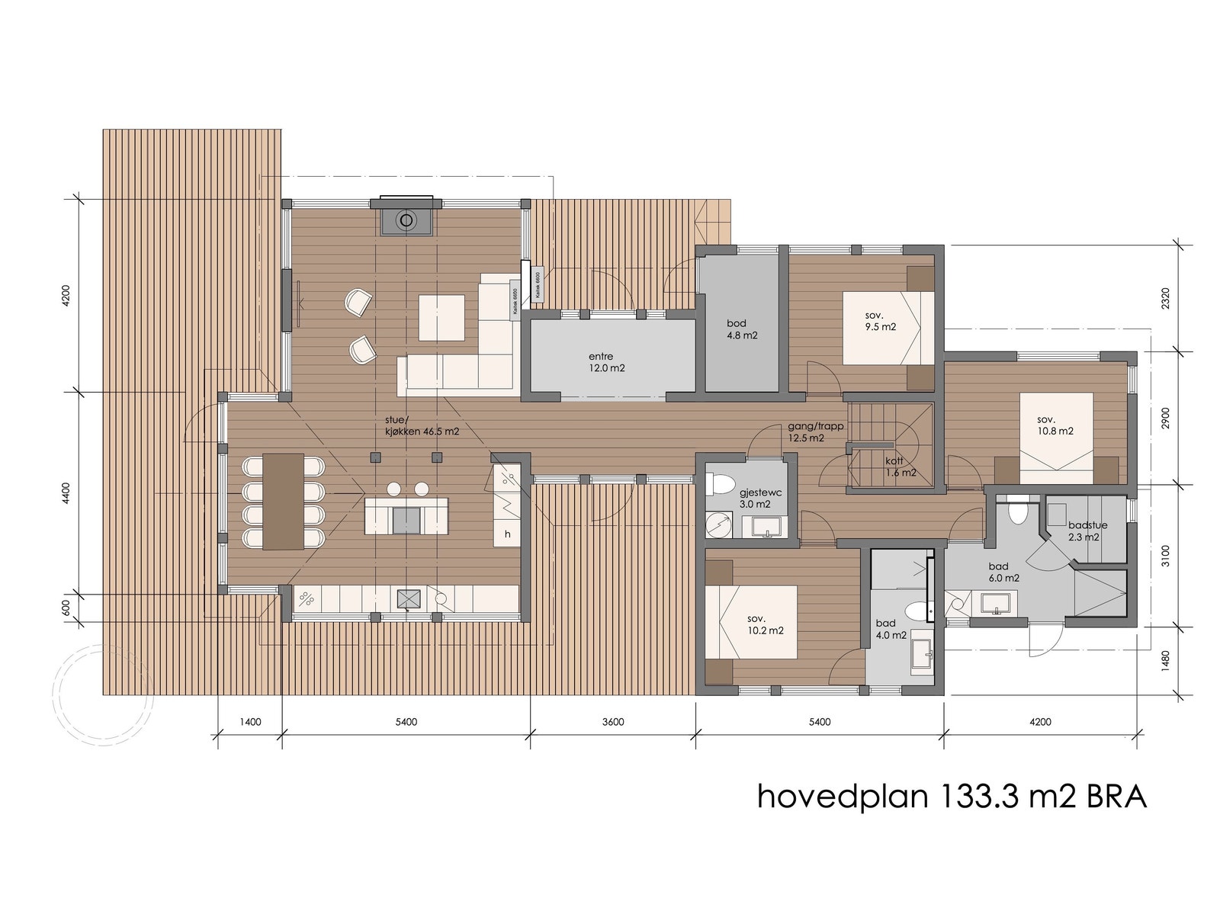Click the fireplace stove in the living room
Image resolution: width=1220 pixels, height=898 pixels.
tap(406, 222)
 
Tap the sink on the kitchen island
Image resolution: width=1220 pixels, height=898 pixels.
tap(406, 520)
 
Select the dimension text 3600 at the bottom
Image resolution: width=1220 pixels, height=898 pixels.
tap(612, 722)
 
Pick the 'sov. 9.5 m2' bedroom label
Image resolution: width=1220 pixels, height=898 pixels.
tap(880, 321)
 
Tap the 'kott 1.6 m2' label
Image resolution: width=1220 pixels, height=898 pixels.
tap(900, 467)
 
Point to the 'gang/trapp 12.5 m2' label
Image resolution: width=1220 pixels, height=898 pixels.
tap(816, 432)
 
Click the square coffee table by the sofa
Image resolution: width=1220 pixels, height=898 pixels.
tap(441, 318)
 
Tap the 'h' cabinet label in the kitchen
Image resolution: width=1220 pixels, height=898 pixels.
tap(507, 534)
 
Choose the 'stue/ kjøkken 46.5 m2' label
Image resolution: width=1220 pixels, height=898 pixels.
tap(422, 425)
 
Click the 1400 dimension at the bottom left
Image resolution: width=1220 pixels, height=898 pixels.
tap(249, 722)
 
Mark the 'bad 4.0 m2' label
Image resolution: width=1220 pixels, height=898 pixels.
tap(891, 629)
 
